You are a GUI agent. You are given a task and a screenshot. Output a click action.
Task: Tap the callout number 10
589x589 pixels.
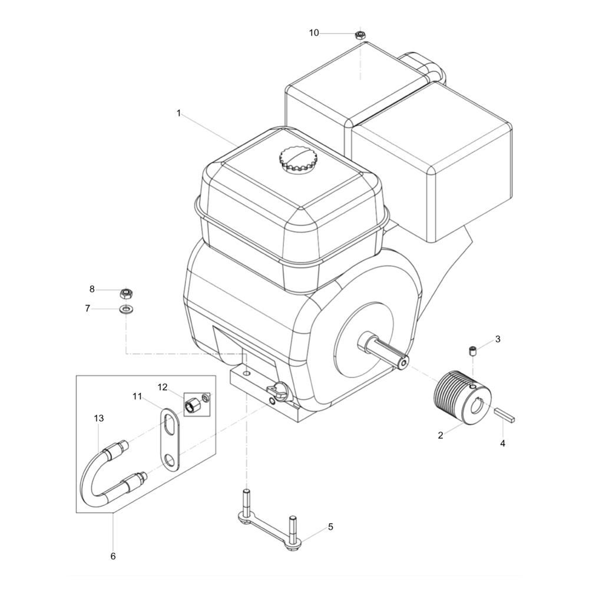(314, 33)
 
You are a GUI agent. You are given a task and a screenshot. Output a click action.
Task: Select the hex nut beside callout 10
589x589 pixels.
(360, 35)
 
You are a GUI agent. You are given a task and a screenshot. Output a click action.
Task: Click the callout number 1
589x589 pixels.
(179, 112)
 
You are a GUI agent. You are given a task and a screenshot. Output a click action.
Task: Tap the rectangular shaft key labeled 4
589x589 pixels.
(505, 415)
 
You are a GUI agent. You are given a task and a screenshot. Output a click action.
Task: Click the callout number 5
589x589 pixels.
(330, 527)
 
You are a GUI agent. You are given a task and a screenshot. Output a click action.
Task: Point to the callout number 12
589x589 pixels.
(163, 387)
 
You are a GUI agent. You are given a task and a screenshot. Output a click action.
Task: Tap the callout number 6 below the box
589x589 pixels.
(113, 556)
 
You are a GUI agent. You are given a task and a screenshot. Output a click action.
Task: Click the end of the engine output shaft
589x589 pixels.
(404, 363)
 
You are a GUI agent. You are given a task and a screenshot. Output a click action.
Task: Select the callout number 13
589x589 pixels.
(99, 418)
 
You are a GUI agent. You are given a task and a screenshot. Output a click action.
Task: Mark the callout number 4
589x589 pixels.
(502, 444)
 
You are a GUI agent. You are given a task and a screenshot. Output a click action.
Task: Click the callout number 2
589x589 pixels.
(440, 435)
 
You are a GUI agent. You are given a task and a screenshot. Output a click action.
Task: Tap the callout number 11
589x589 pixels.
(137, 396)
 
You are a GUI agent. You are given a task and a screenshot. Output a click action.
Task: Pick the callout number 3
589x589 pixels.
(498, 339)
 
